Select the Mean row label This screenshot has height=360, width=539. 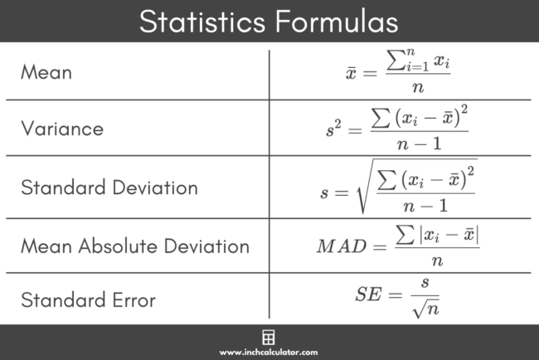pos(46,73)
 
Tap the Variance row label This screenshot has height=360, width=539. pos(62,129)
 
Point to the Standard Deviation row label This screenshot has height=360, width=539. pos(109,187)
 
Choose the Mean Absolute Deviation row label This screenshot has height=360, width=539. pos(135,246)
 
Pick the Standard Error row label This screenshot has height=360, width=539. pos(88,299)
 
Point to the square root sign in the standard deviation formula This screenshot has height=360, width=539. pos(363,187)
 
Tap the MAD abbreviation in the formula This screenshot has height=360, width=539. pos(341,246)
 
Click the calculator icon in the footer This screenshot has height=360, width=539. pos(269,338)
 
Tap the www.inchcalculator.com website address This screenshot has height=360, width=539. pos(269,353)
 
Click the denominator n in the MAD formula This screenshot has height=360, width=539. pos(437,260)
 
